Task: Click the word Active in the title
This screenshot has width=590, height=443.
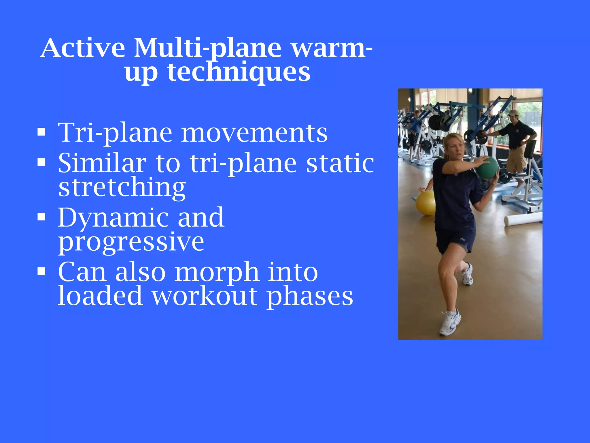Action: (x=83, y=48)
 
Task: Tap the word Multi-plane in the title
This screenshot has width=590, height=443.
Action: (x=207, y=48)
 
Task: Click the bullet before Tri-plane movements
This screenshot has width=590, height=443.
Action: (x=41, y=132)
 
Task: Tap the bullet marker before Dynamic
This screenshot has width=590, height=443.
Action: (x=41, y=217)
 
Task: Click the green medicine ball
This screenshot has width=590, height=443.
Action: (x=487, y=167)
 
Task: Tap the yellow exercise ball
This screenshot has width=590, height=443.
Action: (x=425, y=203)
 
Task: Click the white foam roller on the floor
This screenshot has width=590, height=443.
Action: (x=523, y=219)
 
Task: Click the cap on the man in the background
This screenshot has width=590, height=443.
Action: (x=513, y=112)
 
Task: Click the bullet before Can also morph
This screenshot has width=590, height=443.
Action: (x=41, y=271)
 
